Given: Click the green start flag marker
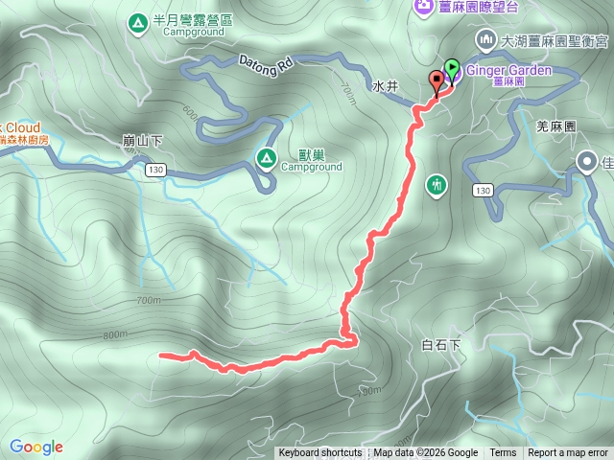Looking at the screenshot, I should tap(452, 70).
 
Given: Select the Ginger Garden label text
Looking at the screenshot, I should tap(510, 70).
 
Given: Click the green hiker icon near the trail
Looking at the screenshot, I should tap(437, 183).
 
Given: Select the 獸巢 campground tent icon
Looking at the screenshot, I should tap(265, 157).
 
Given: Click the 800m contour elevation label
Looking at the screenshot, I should tap(114, 334).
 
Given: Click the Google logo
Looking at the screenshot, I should tap(35, 447).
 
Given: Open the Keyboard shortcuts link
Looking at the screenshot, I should tap(319, 453).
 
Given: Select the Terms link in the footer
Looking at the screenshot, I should tap(503, 453).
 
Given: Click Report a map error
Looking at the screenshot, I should tap(569, 453).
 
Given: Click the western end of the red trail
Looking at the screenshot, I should tap(159, 356).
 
